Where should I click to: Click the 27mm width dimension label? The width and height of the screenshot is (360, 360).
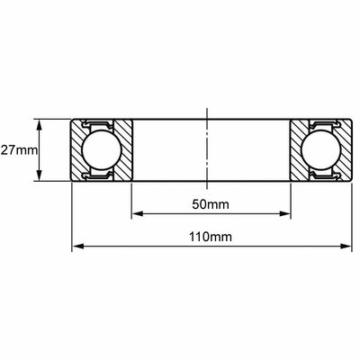click(19, 150)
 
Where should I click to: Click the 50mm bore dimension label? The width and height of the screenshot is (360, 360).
click(211, 204)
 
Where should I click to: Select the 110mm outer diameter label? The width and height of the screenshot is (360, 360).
click(211, 237)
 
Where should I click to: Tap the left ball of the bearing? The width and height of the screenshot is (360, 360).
click(102, 150)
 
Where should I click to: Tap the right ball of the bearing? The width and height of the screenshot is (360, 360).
click(321, 150)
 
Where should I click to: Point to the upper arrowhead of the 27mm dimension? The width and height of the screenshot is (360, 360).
click(39, 124)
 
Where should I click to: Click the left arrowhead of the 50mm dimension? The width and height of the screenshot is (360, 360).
click(138, 213)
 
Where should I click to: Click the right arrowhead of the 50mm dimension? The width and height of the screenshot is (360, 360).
click(285, 213)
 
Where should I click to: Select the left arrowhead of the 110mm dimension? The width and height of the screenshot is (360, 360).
click(78, 247)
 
